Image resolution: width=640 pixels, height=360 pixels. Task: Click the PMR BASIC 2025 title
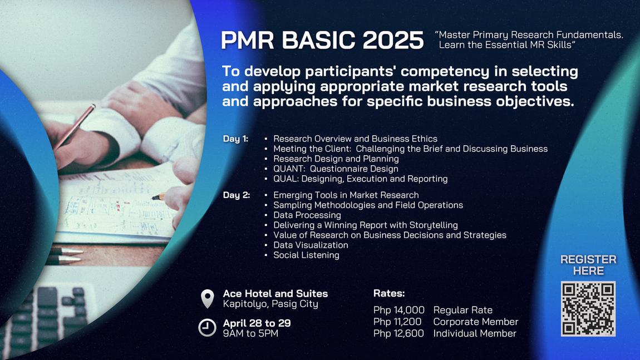tap(322, 40)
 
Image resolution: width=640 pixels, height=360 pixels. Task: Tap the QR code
tap(588, 309)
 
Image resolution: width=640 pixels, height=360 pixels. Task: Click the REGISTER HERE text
tap(588, 265)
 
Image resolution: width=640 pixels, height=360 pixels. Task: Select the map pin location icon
tap(208, 299)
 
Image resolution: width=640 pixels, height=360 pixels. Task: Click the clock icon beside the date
tap(208, 328)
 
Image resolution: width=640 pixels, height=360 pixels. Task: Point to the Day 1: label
tap(235, 139)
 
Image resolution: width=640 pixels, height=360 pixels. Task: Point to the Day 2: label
tap(237, 195)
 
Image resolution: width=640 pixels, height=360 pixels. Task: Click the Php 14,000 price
tap(399, 310)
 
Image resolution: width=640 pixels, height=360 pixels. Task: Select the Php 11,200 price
tap(397, 322)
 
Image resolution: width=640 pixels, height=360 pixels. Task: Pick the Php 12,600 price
tap(398, 333)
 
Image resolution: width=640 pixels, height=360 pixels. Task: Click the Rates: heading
tap(389, 293)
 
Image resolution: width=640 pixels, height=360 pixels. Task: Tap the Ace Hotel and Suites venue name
tap(275, 293)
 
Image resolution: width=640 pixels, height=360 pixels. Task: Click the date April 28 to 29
tap(257, 323)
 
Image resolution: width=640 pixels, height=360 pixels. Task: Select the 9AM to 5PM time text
tap(250, 333)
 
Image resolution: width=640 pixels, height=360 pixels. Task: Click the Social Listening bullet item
tap(306, 255)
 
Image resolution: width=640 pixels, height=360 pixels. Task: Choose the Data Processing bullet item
tap(307, 215)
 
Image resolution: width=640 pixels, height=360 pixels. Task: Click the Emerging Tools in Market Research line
tap(346, 195)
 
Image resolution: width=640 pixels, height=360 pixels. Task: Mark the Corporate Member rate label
tap(475, 322)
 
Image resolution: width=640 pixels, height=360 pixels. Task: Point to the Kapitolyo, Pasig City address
tap(270, 304)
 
